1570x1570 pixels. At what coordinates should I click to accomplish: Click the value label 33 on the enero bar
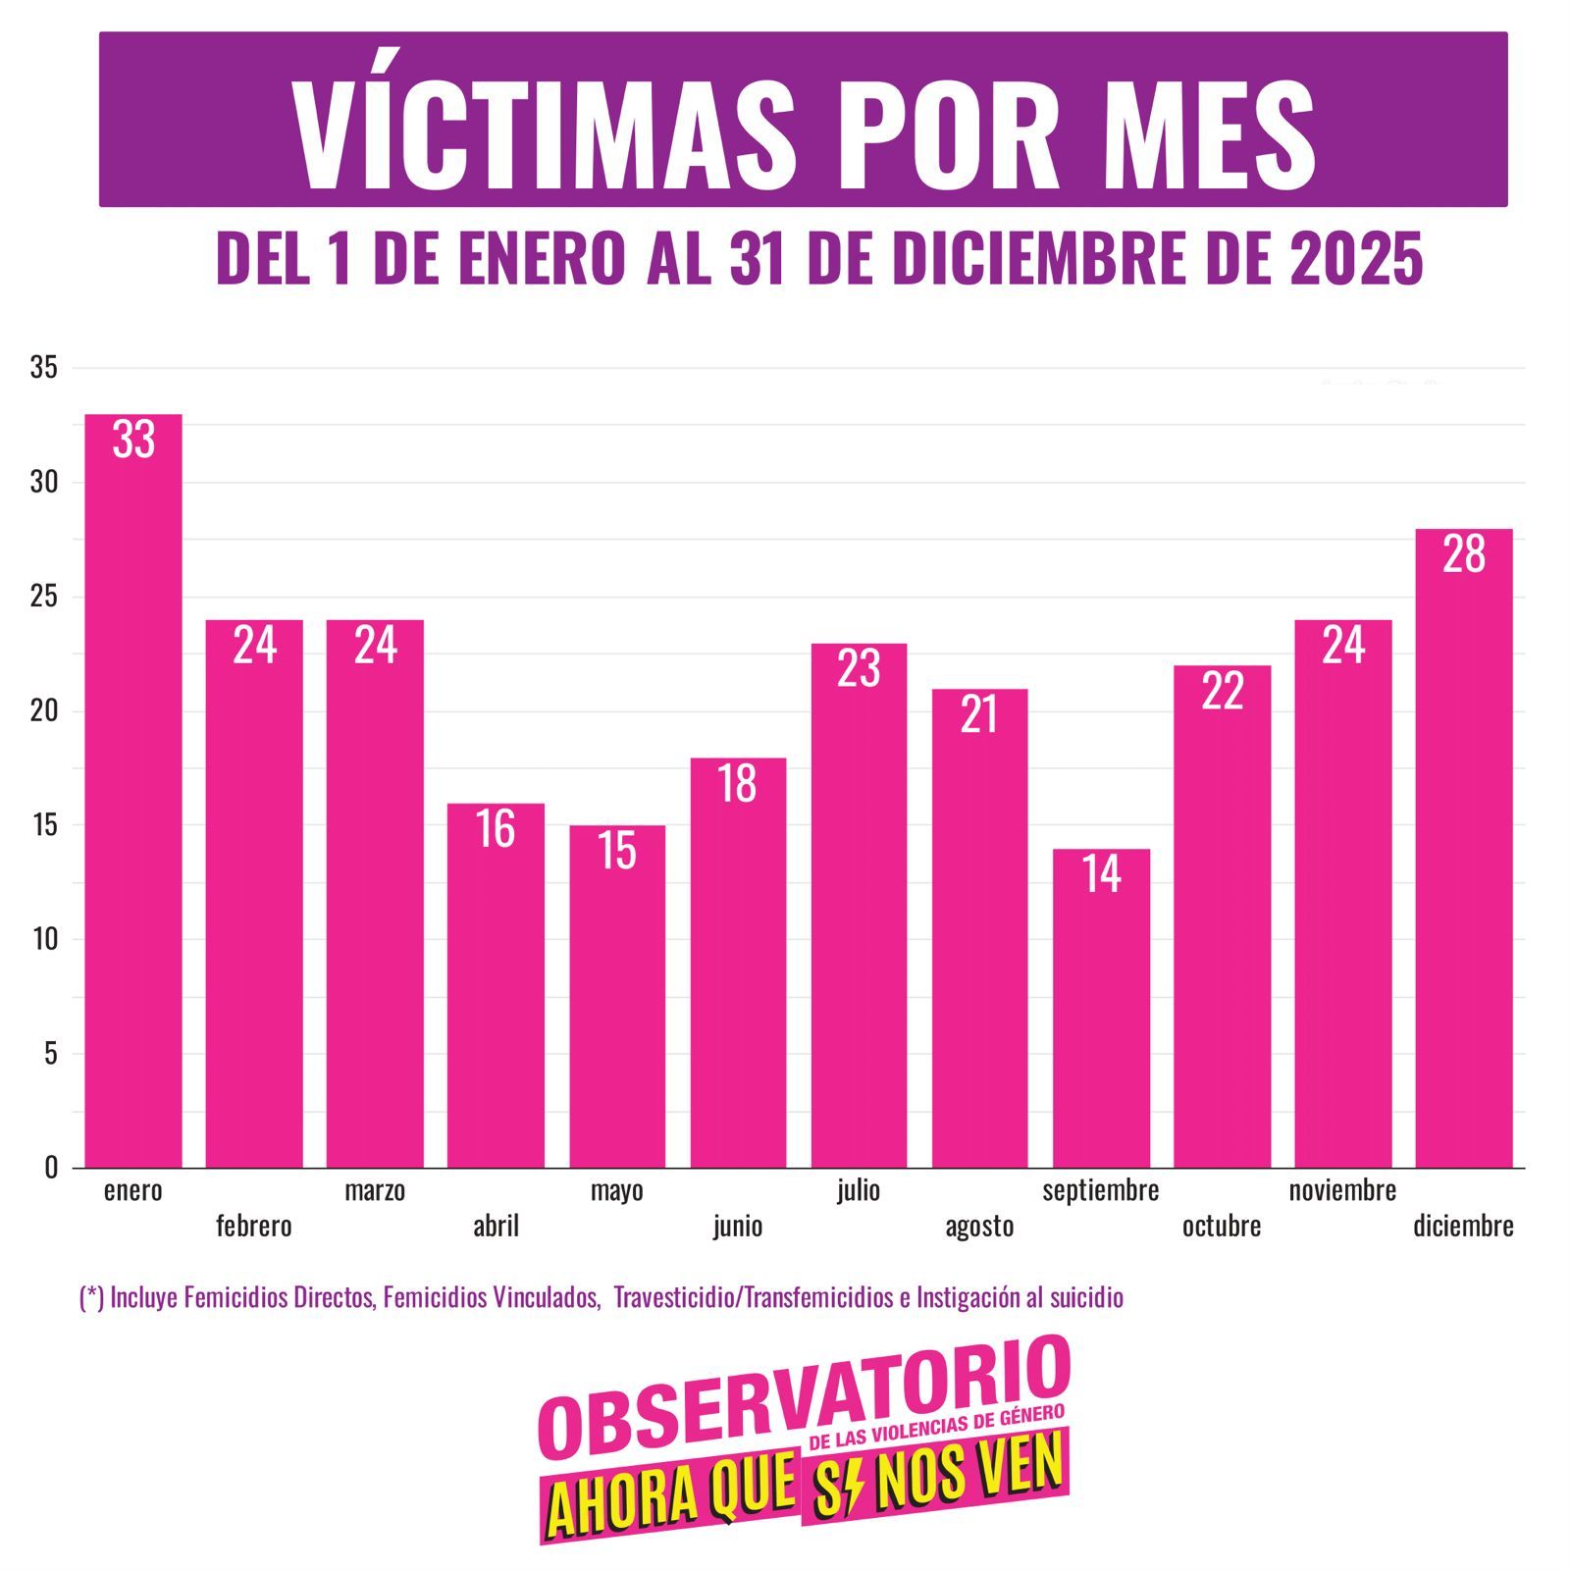133,440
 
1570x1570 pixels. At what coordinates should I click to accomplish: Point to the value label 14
1101,873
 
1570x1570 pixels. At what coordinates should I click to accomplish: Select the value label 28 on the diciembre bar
1463,554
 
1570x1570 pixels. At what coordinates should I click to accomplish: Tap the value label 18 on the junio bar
737,783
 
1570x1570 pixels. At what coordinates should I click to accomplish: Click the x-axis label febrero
254,1226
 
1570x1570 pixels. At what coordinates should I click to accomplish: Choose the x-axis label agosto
979,1227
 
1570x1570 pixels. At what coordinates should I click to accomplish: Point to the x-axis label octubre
1222,1226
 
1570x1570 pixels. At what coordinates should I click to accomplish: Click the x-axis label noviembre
1342,1190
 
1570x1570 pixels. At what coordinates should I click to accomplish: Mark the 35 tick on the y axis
44,368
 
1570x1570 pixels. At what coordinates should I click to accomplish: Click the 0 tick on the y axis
51,1168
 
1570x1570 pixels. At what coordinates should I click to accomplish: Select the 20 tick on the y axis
44,710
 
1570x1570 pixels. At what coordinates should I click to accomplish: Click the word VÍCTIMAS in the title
545,132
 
